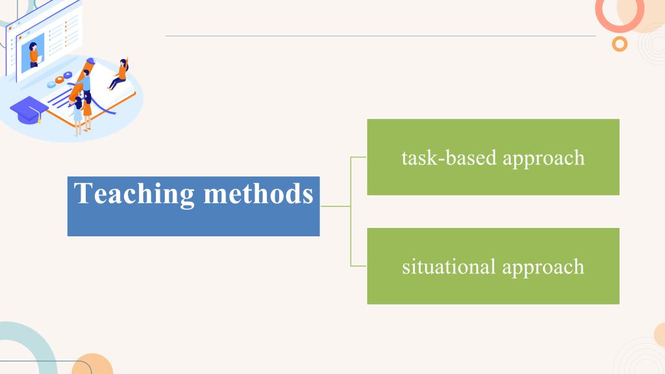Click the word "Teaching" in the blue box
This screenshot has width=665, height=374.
(x=134, y=194)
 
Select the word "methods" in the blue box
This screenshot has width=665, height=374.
(x=258, y=193)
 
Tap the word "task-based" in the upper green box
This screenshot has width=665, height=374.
(x=449, y=158)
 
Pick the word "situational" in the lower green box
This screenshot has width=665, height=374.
(x=449, y=267)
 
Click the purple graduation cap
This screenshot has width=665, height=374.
(x=29, y=110)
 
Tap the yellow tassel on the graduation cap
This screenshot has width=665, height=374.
(x=40, y=118)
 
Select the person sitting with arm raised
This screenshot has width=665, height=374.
(x=119, y=74)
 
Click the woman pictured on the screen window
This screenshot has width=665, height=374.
(x=34, y=55)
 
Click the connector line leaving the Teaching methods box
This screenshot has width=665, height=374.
(x=336, y=206)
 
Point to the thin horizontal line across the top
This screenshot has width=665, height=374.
(x=381, y=36)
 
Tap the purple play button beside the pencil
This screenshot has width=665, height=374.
(x=68, y=75)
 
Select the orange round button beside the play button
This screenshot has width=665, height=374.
(x=59, y=80)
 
